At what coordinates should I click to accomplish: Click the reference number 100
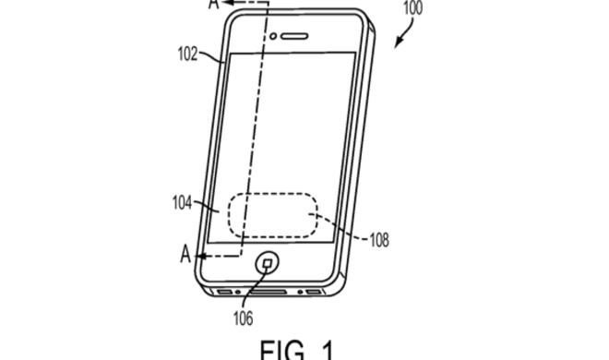point(414,8)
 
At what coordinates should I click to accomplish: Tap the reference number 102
point(188,53)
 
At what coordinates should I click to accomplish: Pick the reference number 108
point(377,240)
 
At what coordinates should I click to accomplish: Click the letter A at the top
point(213,4)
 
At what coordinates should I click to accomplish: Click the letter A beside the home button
point(185,255)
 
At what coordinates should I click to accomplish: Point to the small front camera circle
point(274,36)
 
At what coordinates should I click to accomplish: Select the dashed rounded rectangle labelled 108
point(272,218)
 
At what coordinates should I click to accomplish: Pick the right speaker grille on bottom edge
point(315,294)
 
